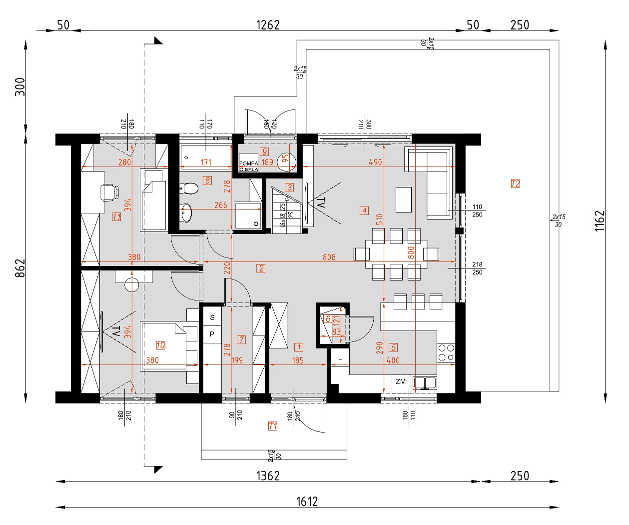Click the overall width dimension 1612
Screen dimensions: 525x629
point(307,501)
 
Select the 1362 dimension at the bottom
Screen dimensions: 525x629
point(268,475)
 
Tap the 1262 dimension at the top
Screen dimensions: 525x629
point(268,25)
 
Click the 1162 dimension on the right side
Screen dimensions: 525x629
point(600,220)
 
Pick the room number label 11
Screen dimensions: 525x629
point(116,217)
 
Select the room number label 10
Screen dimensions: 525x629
point(160,345)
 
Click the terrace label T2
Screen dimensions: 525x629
point(516,183)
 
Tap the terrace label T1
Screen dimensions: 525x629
point(273,426)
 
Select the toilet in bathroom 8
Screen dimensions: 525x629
point(189,188)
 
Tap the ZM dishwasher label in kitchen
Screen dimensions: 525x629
point(401,382)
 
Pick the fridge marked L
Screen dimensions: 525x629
point(340,357)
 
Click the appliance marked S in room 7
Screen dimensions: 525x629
point(212,317)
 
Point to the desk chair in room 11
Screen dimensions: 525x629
point(110,192)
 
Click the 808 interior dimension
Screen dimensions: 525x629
point(329,257)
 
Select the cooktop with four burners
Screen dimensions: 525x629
point(446,352)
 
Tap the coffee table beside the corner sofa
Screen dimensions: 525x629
point(404,199)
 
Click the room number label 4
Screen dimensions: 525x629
point(364,210)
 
